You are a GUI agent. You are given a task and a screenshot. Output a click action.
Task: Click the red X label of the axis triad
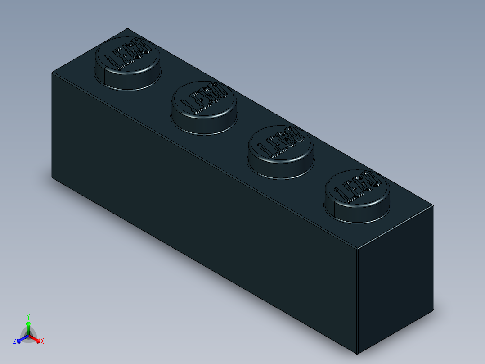(x=42, y=341)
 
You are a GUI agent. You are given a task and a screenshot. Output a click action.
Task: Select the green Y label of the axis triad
(x=28, y=317)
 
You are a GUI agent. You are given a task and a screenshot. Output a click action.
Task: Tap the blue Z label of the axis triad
(x=15, y=341)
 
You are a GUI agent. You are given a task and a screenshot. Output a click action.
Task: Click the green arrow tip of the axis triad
(x=28, y=324)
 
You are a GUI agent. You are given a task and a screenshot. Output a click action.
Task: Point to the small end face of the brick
(x=395, y=279)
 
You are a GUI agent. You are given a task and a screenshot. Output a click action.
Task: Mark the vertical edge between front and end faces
(x=357, y=302)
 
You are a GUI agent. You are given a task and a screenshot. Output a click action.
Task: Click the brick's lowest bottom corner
(x=357, y=354)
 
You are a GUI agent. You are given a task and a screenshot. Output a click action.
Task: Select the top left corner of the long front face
(x=52, y=73)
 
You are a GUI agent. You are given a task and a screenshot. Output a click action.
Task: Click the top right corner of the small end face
(x=433, y=206)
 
